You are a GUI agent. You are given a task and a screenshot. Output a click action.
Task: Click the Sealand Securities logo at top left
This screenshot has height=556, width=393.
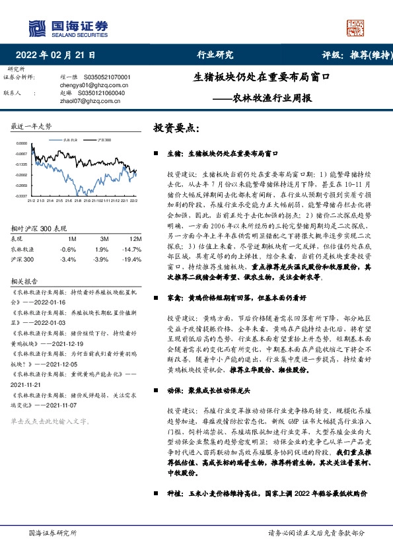coord(67,26)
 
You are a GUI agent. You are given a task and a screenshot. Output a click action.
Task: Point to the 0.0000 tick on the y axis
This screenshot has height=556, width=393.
coord(22,143)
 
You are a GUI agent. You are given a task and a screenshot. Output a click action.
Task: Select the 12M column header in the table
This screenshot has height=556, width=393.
coord(137,238)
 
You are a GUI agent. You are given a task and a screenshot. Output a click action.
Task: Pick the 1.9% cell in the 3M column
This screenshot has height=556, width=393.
coord(101,250)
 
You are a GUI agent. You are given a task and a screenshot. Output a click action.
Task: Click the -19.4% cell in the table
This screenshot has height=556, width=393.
coord(135,260)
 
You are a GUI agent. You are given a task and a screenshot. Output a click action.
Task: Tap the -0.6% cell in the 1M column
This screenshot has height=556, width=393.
coord(68,250)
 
